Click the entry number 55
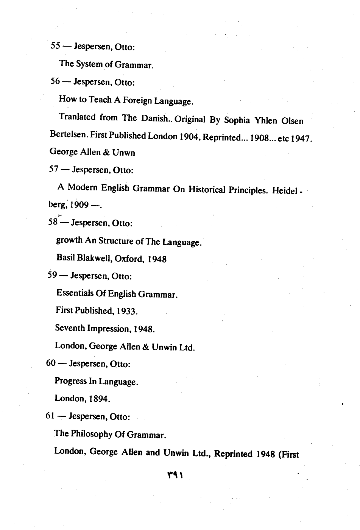55,46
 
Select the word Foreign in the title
137,101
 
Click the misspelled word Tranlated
77,117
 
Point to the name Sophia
237,120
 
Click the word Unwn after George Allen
124,153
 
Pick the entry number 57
54,169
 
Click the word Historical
207,189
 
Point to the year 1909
79,205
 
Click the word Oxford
129,259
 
